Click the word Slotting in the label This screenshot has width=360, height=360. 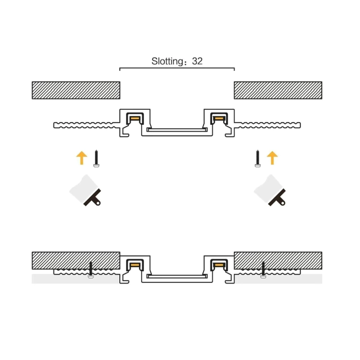167,61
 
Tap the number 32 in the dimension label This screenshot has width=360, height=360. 197,61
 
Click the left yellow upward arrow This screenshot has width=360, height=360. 82,157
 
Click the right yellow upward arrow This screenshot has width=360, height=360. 272,157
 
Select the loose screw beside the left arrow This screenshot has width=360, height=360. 97,159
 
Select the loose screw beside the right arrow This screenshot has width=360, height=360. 258,159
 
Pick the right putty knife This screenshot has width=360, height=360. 271,191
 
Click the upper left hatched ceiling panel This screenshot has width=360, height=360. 76,90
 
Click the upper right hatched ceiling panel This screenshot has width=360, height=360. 278,90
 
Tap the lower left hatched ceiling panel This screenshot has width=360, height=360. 76,260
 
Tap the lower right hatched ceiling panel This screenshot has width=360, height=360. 278,260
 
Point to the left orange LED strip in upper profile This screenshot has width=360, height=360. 135,119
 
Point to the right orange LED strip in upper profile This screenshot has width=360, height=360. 219,119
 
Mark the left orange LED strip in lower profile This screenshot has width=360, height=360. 135,265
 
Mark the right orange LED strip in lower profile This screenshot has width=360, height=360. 219,265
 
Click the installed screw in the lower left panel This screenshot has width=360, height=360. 91,270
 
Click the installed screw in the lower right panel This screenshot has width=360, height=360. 263,270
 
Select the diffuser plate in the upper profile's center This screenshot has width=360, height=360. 177,130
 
